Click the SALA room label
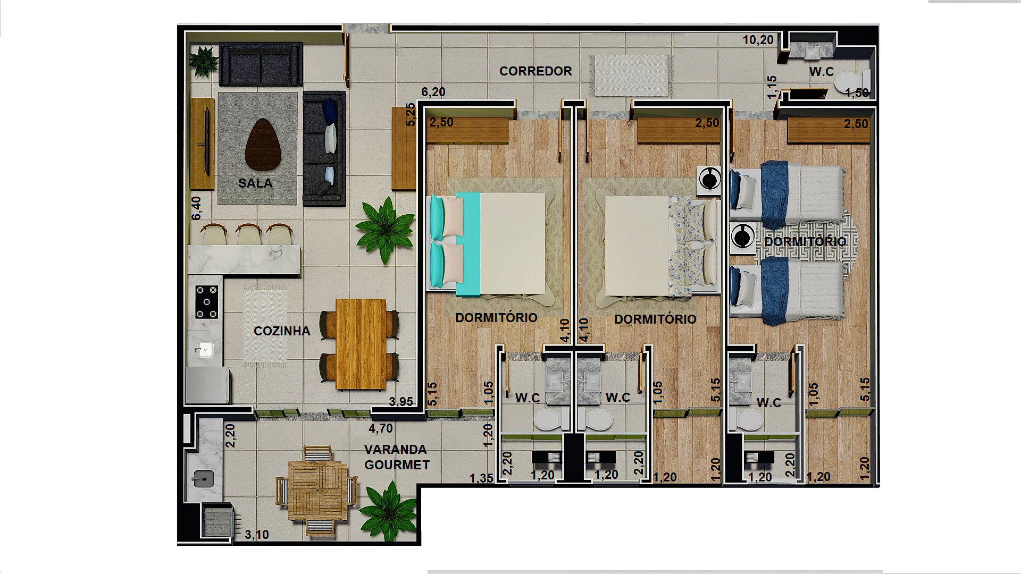[x=255, y=183]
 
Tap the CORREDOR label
[x=535, y=71]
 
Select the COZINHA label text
[x=282, y=331]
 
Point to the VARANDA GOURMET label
[x=397, y=457]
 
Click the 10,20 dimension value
[x=758, y=40]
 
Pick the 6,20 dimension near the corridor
[x=433, y=92]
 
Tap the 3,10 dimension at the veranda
[x=257, y=535]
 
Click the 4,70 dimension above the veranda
[x=381, y=428]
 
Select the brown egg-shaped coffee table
[x=263, y=145]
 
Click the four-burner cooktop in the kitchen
[x=206, y=302]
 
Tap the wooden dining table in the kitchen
[x=361, y=344]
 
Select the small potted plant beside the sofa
[x=204, y=61]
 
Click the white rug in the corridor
[x=631, y=75]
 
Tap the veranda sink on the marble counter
[x=203, y=478]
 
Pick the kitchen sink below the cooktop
[x=204, y=349]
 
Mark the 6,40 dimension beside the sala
[x=197, y=208]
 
